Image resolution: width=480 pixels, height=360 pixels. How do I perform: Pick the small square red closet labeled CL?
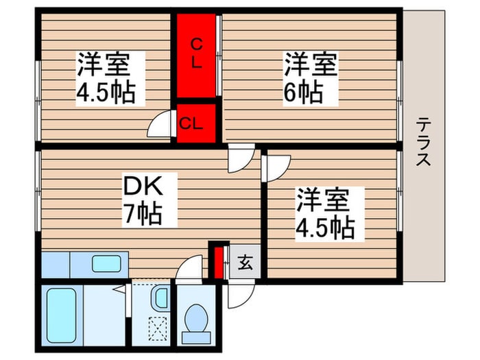(x=192, y=123)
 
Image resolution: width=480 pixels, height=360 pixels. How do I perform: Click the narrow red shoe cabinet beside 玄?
(x=219, y=261)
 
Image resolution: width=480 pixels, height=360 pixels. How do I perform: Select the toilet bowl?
(x=197, y=318)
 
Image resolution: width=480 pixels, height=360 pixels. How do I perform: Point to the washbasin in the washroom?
(x=159, y=298)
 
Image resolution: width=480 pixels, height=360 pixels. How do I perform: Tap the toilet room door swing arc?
(x=189, y=269)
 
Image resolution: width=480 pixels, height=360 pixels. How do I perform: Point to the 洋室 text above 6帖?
(x=311, y=66)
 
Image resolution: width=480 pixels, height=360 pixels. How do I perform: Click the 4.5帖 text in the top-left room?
(x=105, y=92)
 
